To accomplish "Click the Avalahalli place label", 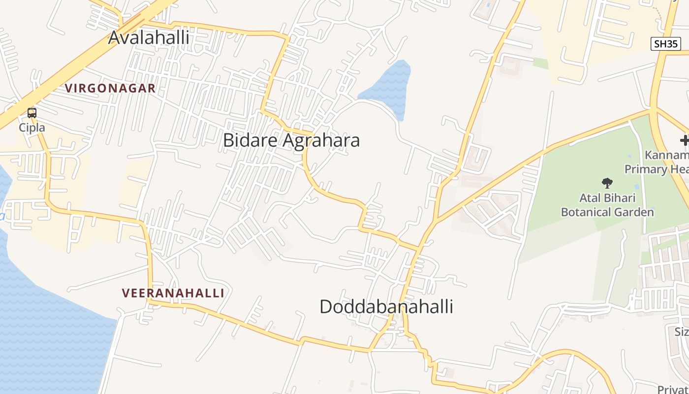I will pos(149,37).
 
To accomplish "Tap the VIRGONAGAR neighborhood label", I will pos(110,89).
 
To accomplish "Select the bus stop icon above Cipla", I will pos(32,113).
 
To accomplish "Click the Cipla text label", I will pos(32,128).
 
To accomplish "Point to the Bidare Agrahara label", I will pos(291,140).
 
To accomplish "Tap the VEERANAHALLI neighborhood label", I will pos(173,293).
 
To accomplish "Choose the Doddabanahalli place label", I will pos(386,307).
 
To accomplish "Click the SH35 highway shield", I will pos(665,44).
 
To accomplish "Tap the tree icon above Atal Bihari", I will pos(607,183).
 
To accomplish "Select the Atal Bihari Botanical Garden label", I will pos(607,205).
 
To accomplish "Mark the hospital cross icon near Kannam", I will pos(685,141).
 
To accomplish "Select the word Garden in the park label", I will pos(637,212).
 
